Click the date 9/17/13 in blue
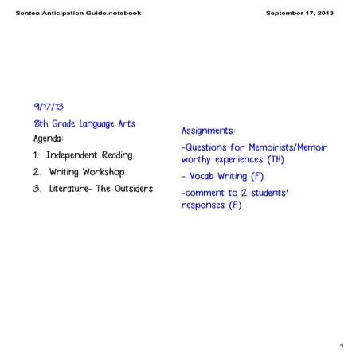(49, 107)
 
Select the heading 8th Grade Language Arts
(84, 124)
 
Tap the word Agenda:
(49, 139)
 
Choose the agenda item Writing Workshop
(87, 172)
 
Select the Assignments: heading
(209, 130)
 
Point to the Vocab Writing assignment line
(222, 176)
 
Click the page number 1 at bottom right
(340, 346)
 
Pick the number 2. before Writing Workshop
(37, 172)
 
